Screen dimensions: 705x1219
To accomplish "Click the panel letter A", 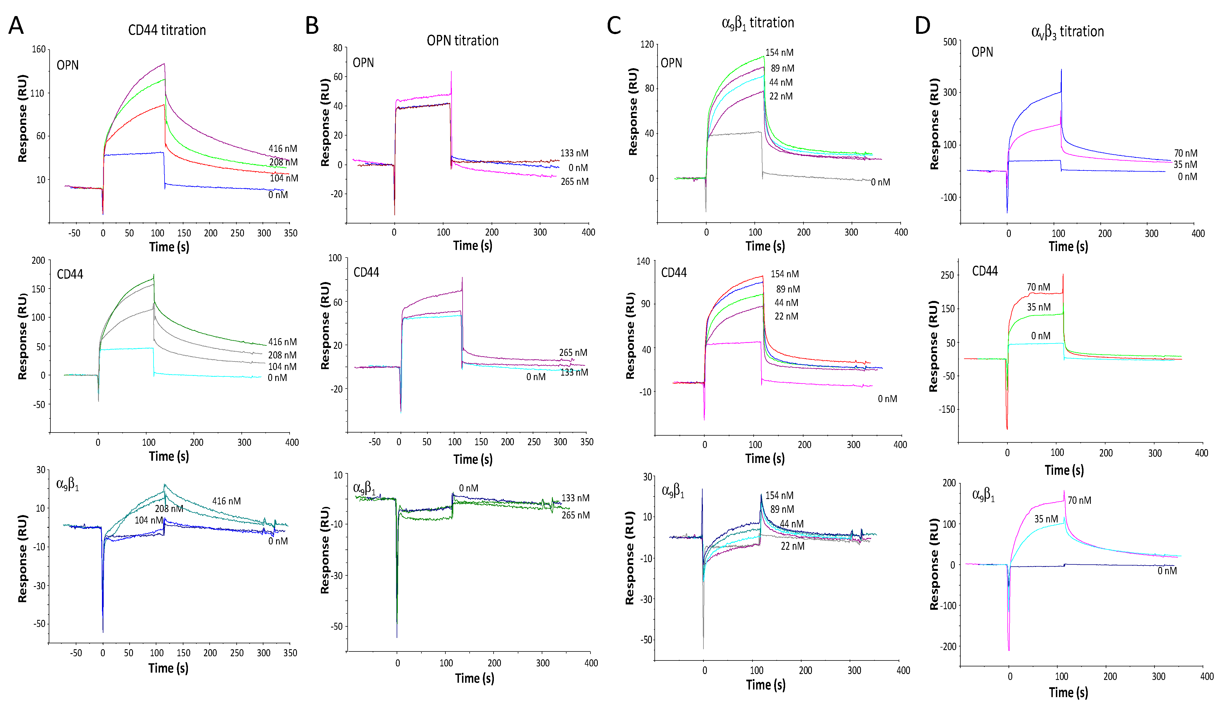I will click(16, 26).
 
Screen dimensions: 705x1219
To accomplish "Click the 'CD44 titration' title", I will click(167, 30).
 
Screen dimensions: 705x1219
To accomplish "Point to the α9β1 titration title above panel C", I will click(758, 23).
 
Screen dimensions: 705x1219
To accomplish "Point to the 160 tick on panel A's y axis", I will click(39, 49).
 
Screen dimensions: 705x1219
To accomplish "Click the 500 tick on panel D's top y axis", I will click(950, 42).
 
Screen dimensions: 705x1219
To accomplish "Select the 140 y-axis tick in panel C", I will click(643, 261).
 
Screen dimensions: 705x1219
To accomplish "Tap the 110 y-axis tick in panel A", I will click(37, 93).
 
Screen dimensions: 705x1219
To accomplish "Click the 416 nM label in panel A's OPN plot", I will click(283, 148).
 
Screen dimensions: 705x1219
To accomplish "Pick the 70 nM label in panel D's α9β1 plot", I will click(1079, 500).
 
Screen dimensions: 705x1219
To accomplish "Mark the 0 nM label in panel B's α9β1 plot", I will click(468, 488).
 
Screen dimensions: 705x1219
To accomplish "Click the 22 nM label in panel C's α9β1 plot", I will click(792, 546).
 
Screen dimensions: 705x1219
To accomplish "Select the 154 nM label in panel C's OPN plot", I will click(779, 52).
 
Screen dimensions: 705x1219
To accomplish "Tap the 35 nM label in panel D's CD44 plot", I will click(1039, 307).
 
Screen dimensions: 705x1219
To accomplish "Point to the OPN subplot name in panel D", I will click(982, 52).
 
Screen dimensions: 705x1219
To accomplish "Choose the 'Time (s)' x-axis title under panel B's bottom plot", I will click(474, 679).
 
